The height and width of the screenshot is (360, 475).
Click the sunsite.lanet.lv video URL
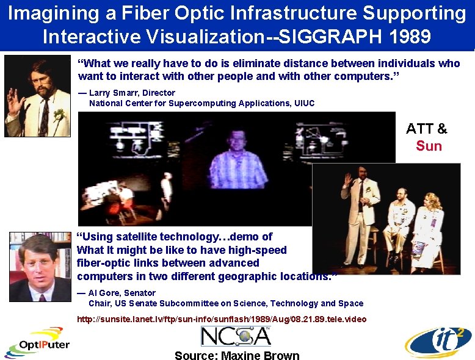click(222, 319)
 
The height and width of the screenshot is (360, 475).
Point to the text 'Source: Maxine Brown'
click(237, 355)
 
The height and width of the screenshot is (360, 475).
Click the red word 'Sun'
click(429, 146)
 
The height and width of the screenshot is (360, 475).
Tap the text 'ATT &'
click(427, 129)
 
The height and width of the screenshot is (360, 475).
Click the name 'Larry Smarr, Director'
click(132, 93)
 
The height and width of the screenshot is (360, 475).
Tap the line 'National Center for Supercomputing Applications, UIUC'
click(201, 103)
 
